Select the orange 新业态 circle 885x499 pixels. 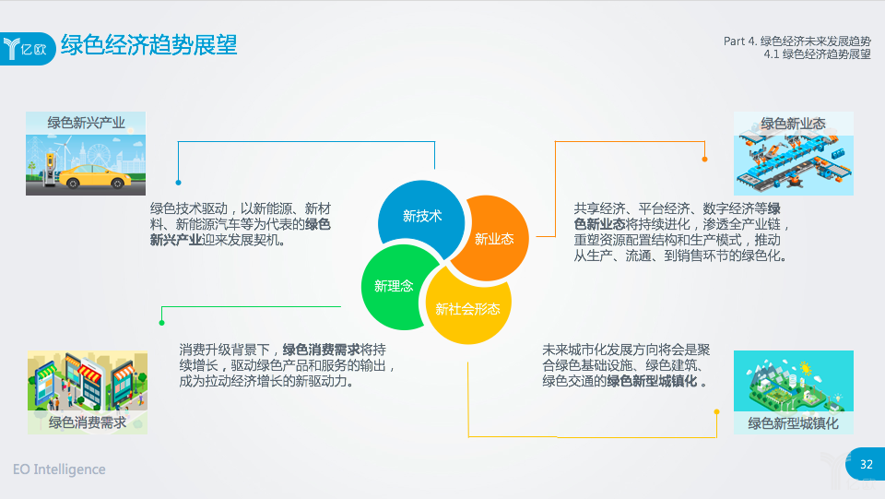pos(492,238)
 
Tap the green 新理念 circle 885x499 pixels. pos(398,287)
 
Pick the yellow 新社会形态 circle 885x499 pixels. pos(467,306)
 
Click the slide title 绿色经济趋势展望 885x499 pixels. pos(149,45)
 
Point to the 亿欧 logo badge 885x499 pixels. pos(27,49)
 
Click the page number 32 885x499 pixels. pos(867,465)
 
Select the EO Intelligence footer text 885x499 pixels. pos(59,469)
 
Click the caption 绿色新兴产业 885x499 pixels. pos(86,123)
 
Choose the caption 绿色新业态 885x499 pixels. pos(793,124)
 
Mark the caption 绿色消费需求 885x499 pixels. pos(88,422)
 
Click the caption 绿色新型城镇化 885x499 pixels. pos(793,423)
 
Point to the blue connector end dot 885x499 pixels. pos(178,183)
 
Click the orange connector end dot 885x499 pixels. pos(704,160)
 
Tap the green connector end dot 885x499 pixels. pos(162,323)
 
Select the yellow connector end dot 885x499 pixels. pos(717,412)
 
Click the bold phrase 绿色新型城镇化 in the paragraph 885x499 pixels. pos(652,381)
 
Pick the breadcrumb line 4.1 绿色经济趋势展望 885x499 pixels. pos(818,54)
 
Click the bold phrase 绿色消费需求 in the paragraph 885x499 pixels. pos(321,350)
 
